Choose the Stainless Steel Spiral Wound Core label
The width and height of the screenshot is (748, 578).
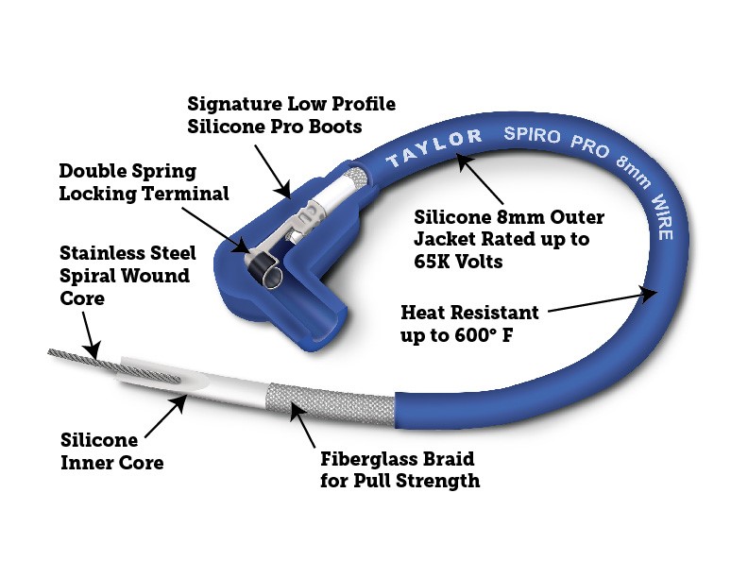(x=127, y=276)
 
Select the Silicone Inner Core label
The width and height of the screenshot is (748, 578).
(x=111, y=451)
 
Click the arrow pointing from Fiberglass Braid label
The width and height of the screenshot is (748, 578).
(x=307, y=424)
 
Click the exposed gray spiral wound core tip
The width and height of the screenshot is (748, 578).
(x=80, y=360)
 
